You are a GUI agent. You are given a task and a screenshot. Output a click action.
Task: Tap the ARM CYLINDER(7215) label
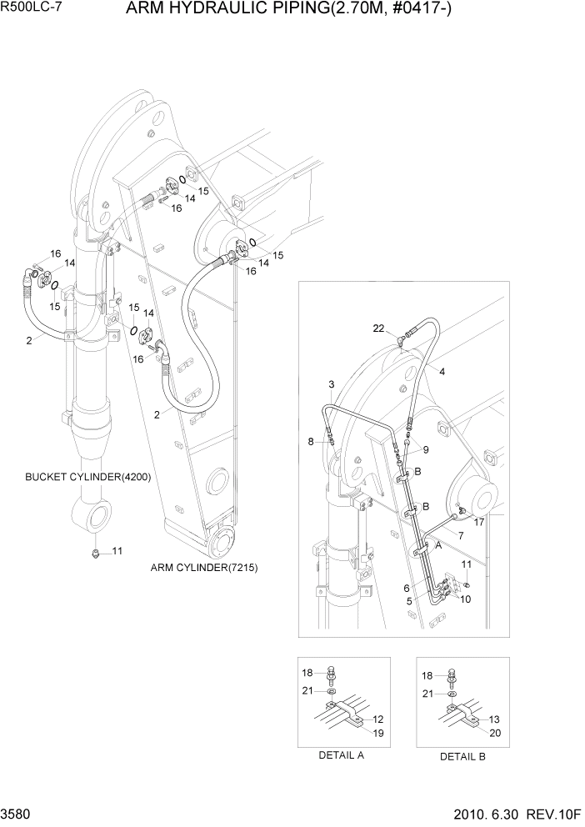(x=204, y=568)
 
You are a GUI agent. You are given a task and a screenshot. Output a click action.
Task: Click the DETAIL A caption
(x=342, y=755)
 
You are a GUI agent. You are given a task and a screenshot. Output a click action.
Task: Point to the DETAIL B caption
(x=462, y=756)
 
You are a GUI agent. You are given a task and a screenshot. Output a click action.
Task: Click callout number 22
(x=378, y=328)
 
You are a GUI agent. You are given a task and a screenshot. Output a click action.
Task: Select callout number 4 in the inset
(x=442, y=372)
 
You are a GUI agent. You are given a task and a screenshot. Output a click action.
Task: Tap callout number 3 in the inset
(x=331, y=384)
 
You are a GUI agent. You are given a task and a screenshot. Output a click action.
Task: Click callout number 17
(x=479, y=523)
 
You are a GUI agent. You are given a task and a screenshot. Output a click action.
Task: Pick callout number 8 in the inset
(x=311, y=441)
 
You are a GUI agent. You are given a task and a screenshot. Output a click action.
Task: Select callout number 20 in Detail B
(x=494, y=734)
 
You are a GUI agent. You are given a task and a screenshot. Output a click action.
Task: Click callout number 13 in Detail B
(x=494, y=719)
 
